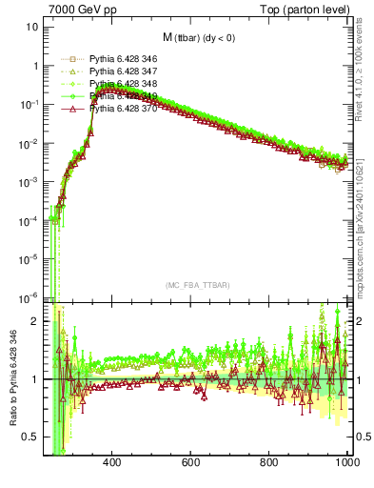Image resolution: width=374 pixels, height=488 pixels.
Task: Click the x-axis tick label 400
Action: tap(111, 463)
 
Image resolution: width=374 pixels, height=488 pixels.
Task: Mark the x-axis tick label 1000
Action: tap(346, 463)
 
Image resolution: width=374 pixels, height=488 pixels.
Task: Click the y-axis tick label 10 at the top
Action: tap(32, 27)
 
